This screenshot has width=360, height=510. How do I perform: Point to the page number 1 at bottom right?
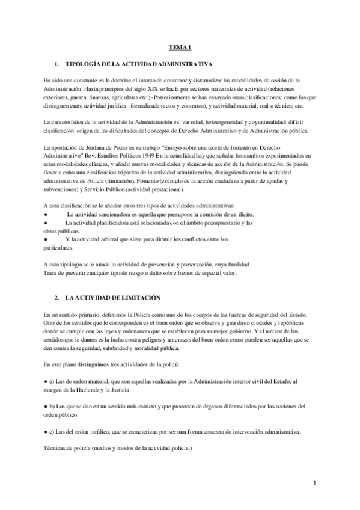(314, 482)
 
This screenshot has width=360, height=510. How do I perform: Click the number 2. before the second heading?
(56, 298)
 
